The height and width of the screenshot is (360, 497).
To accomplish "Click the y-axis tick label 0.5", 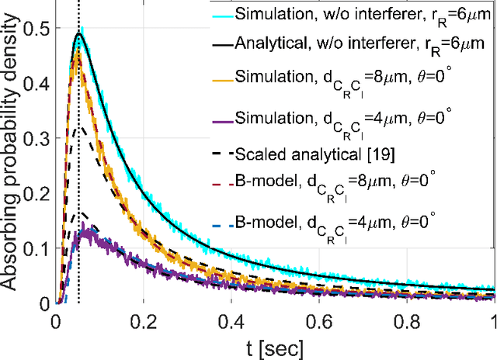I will coord(35,29).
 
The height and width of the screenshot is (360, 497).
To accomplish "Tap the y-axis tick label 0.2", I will coord(35,194).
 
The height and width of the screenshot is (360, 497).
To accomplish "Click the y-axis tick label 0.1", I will coord(35,249).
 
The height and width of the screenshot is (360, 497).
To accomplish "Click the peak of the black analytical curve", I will coord(79,33).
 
